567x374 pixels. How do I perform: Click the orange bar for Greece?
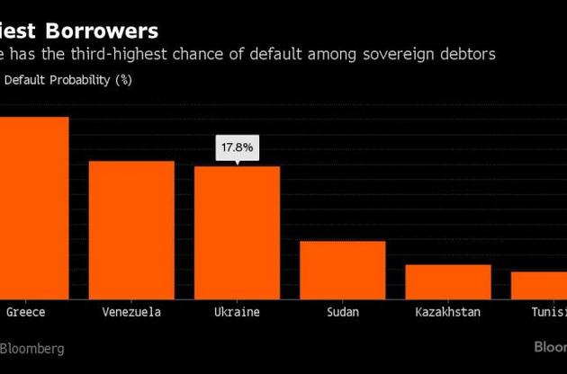33,207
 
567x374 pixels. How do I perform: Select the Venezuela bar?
131,228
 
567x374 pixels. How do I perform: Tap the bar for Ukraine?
237,231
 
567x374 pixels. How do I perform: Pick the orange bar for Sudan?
342,269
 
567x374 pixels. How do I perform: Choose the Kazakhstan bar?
447,280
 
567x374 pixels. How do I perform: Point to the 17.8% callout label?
237,147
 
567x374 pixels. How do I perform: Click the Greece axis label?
26,312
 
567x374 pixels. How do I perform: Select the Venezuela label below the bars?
131,312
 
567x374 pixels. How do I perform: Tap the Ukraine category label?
237,312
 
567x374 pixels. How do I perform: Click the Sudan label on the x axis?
342,312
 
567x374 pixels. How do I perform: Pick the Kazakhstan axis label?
447,312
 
